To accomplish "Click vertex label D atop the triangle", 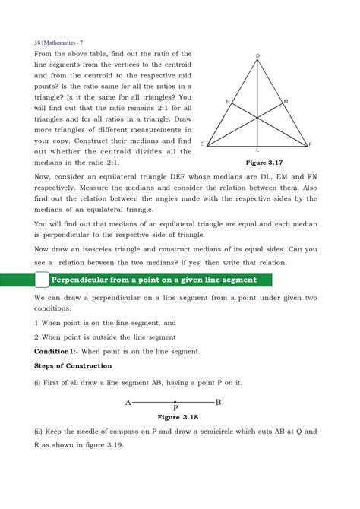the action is (x=257, y=56).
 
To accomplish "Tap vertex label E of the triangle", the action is (x=201, y=144).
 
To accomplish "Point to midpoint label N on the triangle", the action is (x=227, y=101).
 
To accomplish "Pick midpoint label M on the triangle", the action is (x=286, y=101).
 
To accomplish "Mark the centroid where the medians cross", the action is (x=257, y=117).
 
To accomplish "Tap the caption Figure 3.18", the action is (x=175, y=417).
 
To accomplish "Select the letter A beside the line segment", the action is (x=128, y=402).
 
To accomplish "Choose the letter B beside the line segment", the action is (x=219, y=402).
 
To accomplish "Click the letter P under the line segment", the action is (x=175, y=409).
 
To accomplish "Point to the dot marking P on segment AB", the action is (x=175, y=402).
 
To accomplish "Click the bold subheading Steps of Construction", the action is (x=73, y=365).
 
